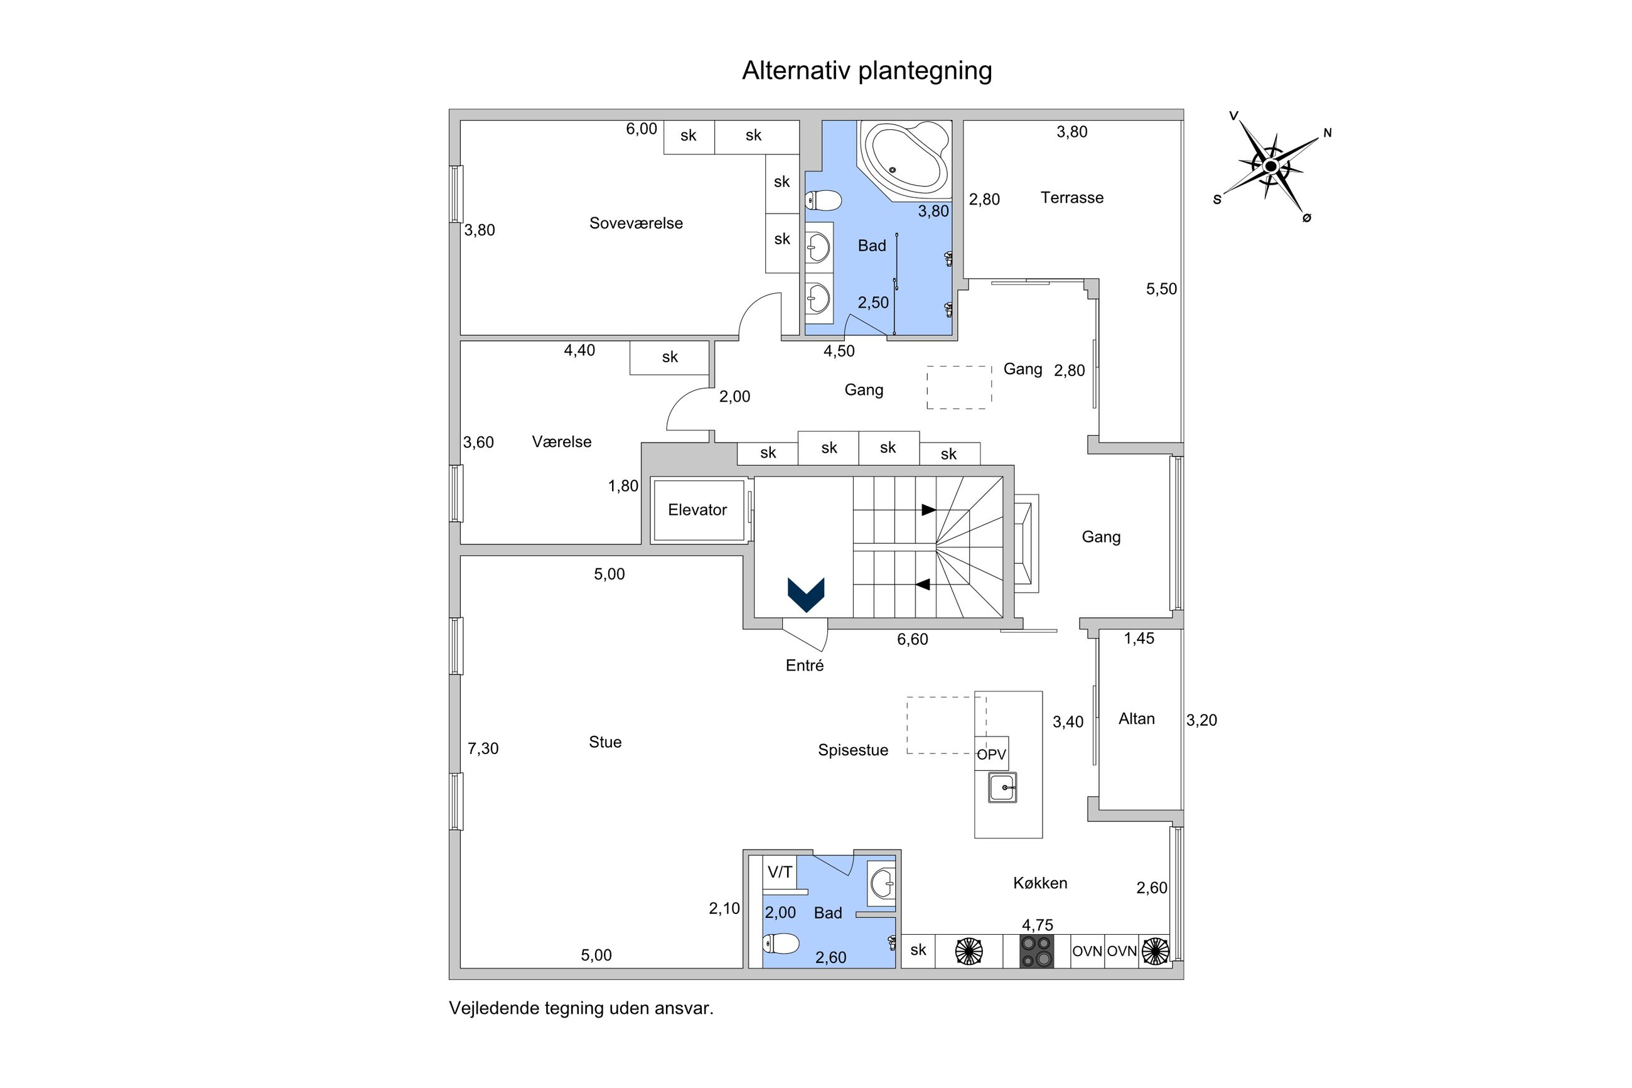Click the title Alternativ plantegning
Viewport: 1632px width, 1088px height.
click(x=866, y=71)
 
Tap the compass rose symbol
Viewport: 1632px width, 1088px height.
click(x=1270, y=166)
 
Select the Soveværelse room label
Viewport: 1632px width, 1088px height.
click(x=635, y=224)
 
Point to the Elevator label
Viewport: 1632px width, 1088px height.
click(x=697, y=510)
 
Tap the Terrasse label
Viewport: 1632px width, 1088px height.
click(x=1071, y=198)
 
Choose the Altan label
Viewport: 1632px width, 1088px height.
click(x=1136, y=719)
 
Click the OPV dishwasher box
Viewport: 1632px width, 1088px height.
click(x=991, y=753)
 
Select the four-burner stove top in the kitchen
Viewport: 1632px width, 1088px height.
click(x=1036, y=951)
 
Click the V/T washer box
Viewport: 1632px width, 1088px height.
click(x=780, y=872)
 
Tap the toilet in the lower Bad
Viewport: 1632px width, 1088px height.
click(x=781, y=943)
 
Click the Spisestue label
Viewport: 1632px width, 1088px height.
click(x=852, y=750)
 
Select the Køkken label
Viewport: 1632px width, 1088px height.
click(x=1039, y=883)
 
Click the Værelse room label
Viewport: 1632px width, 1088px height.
click(x=561, y=442)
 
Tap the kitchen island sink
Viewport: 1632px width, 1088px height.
click(x=1002, y=787)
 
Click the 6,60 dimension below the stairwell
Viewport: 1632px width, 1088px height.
click(x=912, y=640)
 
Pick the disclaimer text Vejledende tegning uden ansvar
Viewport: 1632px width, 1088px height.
click(x=581, y=1008)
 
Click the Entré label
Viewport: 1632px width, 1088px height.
click(x=805, y=666)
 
